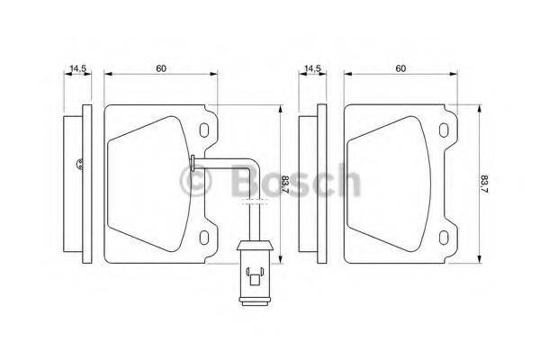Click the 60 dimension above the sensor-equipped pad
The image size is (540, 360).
tap(161, 68)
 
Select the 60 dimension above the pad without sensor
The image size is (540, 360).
tap(400, 68)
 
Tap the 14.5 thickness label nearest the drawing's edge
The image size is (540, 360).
tap(76, 68)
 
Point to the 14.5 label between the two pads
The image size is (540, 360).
tap(312, 68)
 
